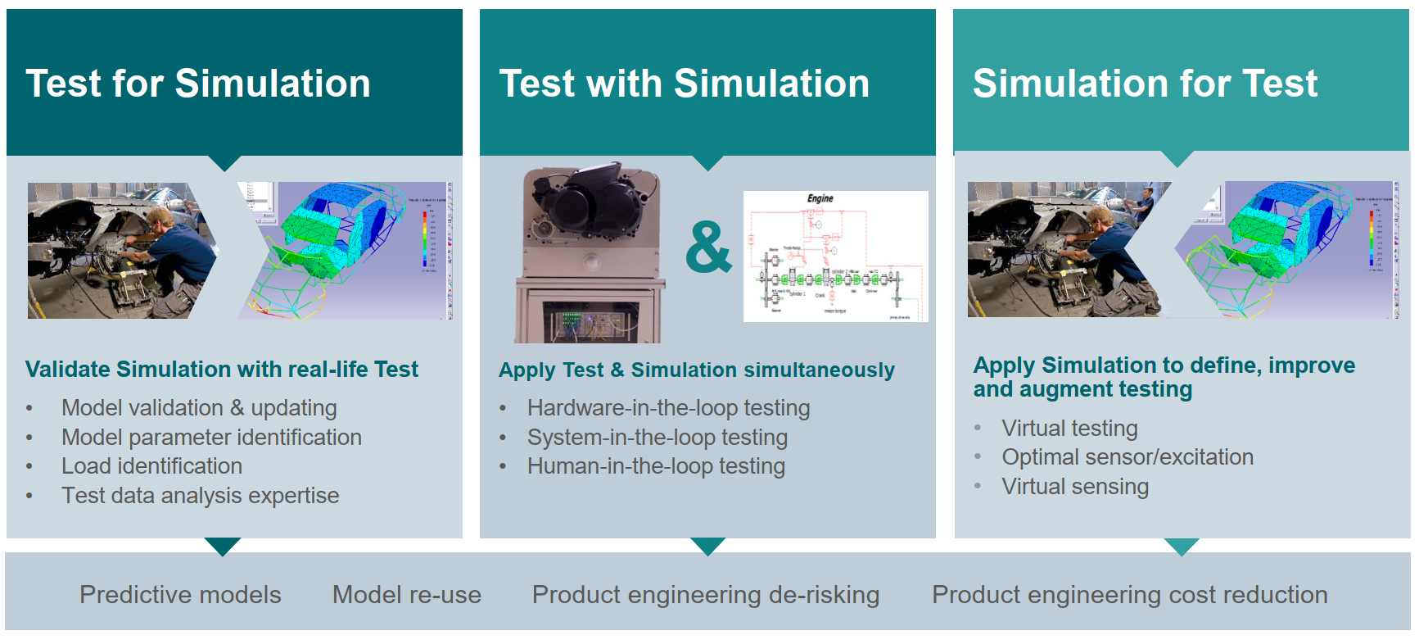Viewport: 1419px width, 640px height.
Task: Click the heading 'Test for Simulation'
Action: click(198, 84)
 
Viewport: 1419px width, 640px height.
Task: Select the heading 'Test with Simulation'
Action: click(685, 84)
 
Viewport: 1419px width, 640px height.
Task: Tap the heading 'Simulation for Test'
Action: click(1145, 84)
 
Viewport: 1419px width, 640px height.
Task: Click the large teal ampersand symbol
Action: click(708, 247)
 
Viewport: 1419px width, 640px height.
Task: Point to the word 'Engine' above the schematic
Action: click(820, 198)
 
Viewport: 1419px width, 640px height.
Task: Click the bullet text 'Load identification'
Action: click(151, 466)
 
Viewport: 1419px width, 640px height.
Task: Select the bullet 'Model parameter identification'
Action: click(211, 438)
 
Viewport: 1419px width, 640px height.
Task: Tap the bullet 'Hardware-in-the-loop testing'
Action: click(668, 408)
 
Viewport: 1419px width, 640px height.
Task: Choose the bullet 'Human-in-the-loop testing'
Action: click(656, 466)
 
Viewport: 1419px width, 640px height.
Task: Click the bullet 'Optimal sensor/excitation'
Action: click(1128, 457)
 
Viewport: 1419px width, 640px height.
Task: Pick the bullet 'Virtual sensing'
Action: click(1075, 487)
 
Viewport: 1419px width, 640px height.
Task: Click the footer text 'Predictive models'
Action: click(180, 595)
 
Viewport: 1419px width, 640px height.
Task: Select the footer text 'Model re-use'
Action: click(407, 595)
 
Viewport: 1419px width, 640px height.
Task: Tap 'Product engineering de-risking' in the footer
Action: click(706, 595)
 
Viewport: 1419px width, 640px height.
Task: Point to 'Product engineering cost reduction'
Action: click(1130, 595)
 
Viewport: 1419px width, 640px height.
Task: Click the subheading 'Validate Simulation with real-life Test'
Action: click(222, 370)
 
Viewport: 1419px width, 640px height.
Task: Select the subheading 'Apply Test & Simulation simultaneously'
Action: click(697, 370)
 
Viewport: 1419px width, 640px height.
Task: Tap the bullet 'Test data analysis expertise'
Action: click(200, 496)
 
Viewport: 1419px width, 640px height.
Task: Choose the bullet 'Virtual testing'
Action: click(1069, 429)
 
